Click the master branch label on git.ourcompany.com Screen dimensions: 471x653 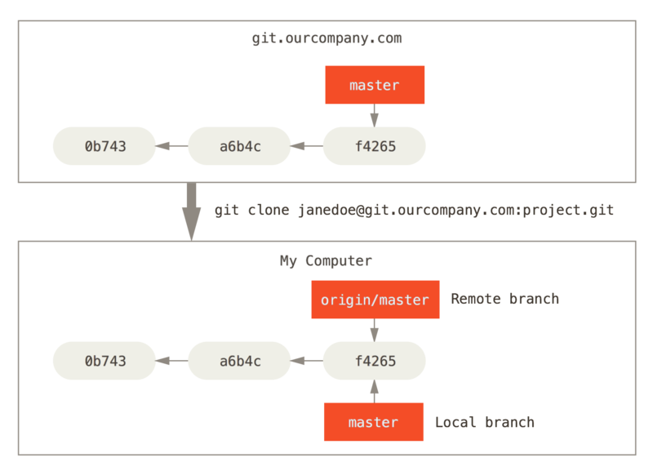[x=375, y=85]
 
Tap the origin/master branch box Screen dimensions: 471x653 [x=375, y=300]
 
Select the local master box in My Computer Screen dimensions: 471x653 [x=373, y=422]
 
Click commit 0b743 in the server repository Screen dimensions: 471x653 [x=104, y=147]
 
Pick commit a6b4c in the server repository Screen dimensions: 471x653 [x=239, y=147]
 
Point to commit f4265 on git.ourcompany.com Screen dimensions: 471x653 [x=375, y=147]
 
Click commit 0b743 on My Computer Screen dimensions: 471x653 [x=104, y=361]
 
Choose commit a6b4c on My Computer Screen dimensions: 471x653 [x=239, y=361]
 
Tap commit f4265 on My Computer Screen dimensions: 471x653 [x=375, y=361]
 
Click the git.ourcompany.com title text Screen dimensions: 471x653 [x=326, y=38]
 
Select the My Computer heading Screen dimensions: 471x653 [x=326, y=261]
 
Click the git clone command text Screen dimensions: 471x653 [x=414, y=211]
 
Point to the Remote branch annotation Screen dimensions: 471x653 [x=504, y=299]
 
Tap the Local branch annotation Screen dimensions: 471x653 [x=484, y=422]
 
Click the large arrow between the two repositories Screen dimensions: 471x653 [x=192, y=211]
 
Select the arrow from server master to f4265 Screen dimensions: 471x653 [x=375, y=115]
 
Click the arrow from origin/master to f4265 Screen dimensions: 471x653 [x=375, y=330]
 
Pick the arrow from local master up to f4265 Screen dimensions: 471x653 [x=375, y=391]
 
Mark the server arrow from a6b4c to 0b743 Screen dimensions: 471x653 [x=171, y=147]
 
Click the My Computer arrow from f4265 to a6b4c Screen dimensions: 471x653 [x=306, y=361]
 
